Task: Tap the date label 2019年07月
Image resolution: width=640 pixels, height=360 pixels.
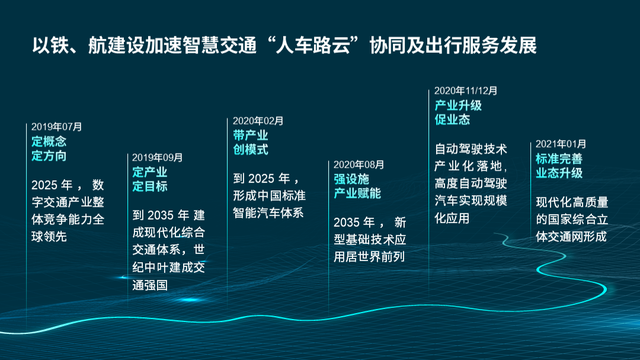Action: click(57, 128)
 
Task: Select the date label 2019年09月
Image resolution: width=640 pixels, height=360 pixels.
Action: click(158, 157)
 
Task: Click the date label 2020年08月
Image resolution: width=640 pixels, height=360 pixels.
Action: click(359, 163)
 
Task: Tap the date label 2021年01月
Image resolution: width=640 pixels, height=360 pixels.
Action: click(561, 144)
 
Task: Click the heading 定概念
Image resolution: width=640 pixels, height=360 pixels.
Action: click(49, 142)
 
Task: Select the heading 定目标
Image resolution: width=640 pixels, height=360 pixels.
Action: click(150, 186)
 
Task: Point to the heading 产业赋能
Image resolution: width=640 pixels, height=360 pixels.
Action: click(358, 191)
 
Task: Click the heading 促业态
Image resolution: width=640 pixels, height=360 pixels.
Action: click(452, 119)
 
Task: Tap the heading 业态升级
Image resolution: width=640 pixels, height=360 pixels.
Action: click(559, 173)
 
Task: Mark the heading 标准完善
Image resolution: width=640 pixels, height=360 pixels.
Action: click(559, 158)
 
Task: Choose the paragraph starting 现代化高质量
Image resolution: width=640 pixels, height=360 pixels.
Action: click(572, 220)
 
